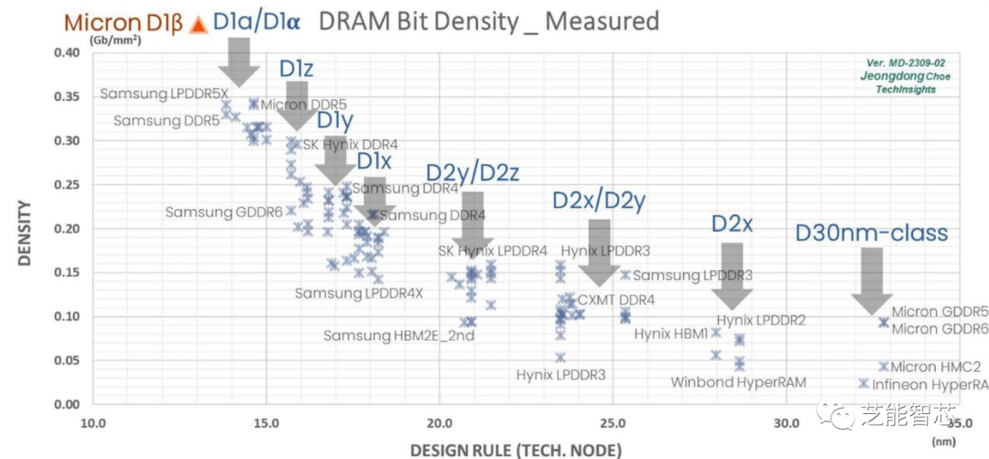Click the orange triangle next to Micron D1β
[x=197, y=26]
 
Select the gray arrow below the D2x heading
[x=732, y=275]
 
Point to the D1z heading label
[x=297, y=69]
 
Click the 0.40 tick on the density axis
[x=66, y=52]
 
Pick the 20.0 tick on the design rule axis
[x=440, y=423]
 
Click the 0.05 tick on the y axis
[x=66, y=360]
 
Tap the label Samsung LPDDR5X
[x=164, y=93]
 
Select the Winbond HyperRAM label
[x=738, y=382]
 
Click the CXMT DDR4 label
[x=616, y=301]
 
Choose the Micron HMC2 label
[x=936, y=366]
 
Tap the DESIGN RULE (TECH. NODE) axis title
[x=516, y=449]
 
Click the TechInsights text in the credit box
[x=907, y=91]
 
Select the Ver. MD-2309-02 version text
[x=906, y=62]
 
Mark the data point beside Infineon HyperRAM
[x=864, y=384]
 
